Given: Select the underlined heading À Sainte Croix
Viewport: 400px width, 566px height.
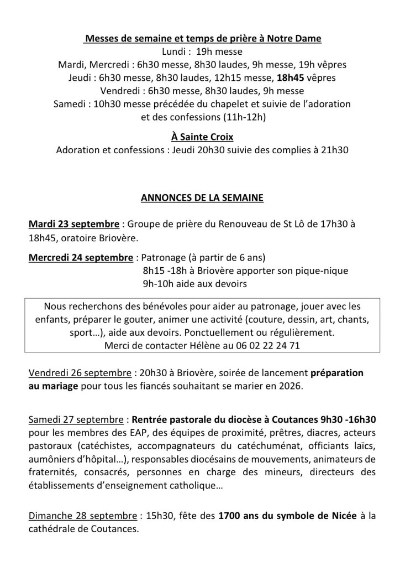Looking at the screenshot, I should pyautogui.click(x=199, y=136).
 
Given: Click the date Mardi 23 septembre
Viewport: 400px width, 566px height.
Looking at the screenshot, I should pyautogui.click(x=74, y=225).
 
